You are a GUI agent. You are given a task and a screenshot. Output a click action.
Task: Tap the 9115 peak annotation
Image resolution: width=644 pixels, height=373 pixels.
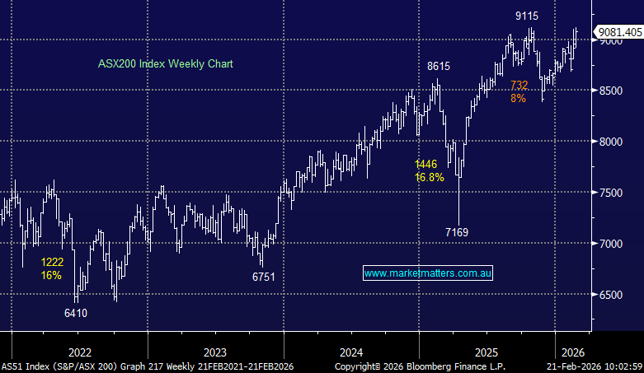[529, 15]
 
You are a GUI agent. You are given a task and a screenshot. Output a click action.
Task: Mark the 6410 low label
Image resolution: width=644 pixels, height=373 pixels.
[76, 313]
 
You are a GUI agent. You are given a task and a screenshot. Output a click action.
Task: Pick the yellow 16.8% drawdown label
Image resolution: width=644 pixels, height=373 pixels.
[430, 177]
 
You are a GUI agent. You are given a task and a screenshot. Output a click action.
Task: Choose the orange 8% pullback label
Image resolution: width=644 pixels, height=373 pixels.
[518, 98]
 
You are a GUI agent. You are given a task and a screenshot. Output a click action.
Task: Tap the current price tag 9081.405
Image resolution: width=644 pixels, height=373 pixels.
[619, 31]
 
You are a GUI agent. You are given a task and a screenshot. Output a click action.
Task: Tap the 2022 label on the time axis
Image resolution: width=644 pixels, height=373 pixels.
[80, 347]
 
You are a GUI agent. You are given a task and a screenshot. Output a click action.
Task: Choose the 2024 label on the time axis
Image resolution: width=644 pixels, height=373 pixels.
[350, 347]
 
